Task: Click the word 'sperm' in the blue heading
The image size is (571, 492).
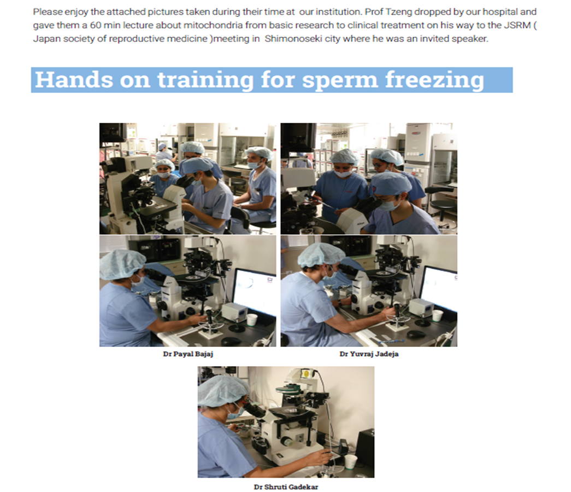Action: point(340,80)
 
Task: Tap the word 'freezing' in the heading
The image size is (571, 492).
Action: point(435,80)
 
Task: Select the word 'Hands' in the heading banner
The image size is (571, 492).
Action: point(74,79)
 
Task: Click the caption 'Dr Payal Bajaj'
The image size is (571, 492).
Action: point(188,354)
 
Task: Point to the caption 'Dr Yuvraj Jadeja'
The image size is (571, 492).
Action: point(369,354)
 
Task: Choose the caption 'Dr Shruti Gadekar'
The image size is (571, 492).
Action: point(286,487)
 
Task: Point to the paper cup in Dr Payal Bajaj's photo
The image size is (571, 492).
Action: point(252,320)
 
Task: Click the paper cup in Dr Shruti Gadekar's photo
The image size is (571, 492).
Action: point(350,462)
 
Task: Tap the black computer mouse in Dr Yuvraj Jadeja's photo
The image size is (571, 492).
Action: point(416,334)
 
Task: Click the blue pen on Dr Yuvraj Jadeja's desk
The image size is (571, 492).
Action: point(391,341)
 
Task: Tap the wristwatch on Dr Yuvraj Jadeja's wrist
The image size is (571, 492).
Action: point(339,303)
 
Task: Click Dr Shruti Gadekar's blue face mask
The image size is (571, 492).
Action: point(234,413)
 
